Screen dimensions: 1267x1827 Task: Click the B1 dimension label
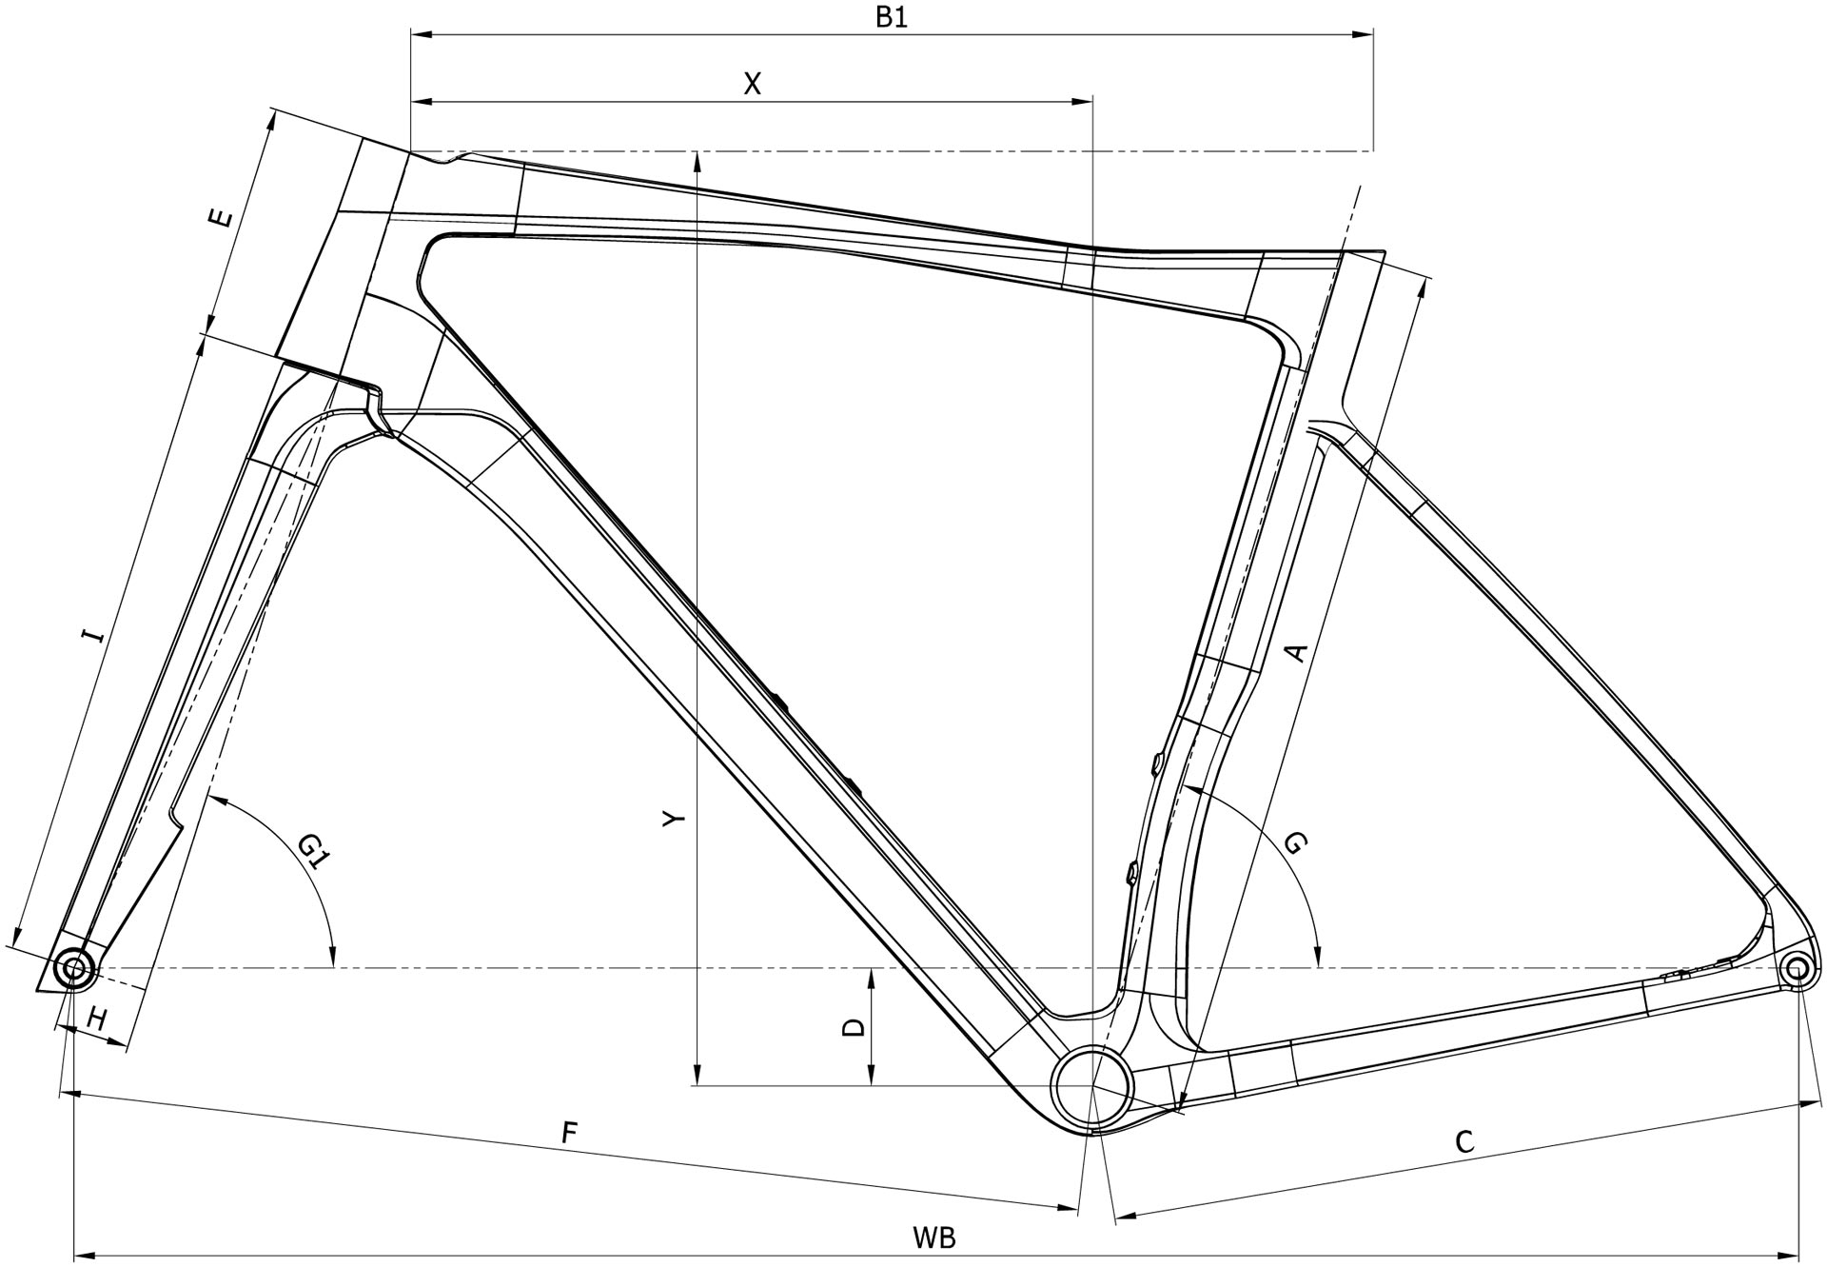pyautogui.click(x=891, y=18)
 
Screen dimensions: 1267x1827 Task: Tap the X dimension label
pyautogui.click(x=752, y=85)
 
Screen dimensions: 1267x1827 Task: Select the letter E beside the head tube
pyautogui.click(x=220, y=219)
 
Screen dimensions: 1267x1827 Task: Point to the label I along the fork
pyautogui.click(x=92, y=634)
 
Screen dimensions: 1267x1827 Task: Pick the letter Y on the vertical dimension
pyautogui.click(x=674, y=819)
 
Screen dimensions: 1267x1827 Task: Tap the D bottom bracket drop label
pyautogui.click(x=855, y=1027)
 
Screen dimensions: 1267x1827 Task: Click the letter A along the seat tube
pyautogui.click(x=1296, y=652)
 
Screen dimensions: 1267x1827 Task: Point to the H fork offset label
pyautogui.click(x=96, y=1020)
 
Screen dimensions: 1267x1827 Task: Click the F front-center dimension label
pyautogui.click(x=569, y=1132)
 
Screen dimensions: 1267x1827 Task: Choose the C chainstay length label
pyautogui.click(x=1464, y=1141)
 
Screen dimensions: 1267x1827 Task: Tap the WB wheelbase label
pyautogui.click(x=933, y=1238)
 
